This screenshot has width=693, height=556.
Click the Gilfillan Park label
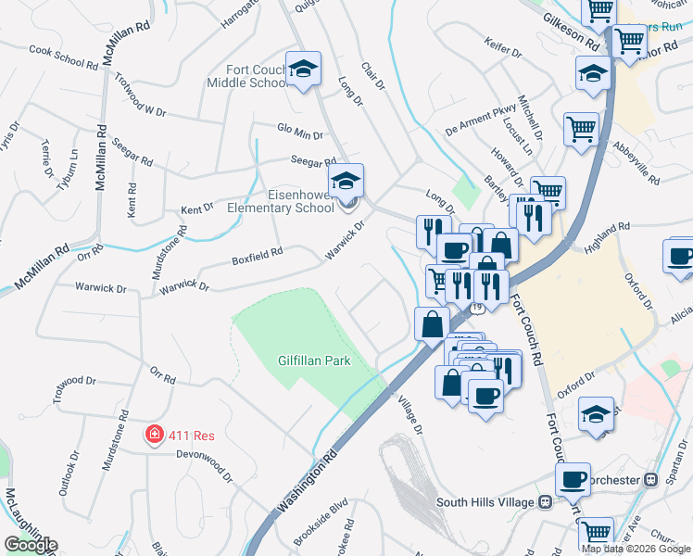click(x=314, y=360)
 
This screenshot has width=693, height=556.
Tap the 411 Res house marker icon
click(x=154, y=434)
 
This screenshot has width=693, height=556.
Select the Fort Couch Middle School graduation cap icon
click(x=303, y=69)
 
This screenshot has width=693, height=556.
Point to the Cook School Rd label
click(x=63, y=57)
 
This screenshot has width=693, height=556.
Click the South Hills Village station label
click(x=485, y=502)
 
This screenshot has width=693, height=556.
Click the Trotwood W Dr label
click(x=139, y=97)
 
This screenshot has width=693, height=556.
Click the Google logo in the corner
click(x=31, y=545)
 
